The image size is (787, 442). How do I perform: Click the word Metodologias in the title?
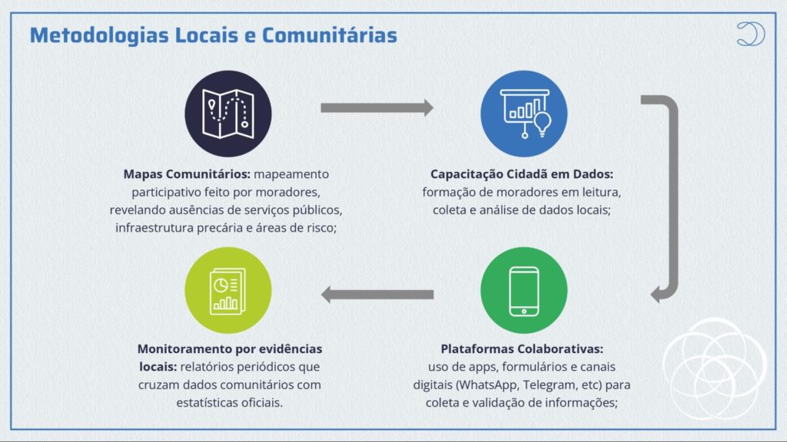(99, 35)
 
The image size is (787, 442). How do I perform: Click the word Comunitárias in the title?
(329, 35)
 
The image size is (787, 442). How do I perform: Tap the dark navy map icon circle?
(228, 114)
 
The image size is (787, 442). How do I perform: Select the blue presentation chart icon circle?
(524, 114)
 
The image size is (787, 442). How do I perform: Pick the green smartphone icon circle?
(524, 290)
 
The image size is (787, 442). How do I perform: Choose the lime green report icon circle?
(228, 290)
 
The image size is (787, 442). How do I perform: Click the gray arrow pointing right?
(377, 107)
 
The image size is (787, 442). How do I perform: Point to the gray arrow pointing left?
(377, 295)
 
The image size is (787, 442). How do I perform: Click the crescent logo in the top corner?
(751, 34)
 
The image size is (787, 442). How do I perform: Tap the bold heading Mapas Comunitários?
(187, 174)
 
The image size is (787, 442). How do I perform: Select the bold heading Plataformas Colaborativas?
(522, 349)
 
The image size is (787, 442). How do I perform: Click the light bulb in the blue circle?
(542, 124)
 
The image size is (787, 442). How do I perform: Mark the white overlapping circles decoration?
(715, 369)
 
